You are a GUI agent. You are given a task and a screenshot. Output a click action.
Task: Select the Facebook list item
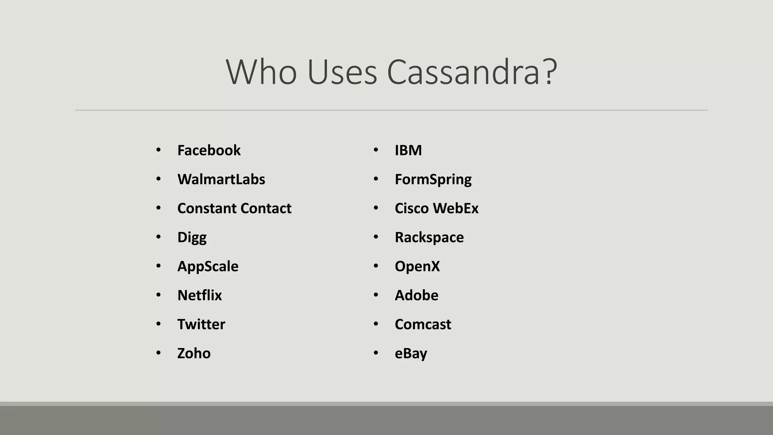coord(209,150)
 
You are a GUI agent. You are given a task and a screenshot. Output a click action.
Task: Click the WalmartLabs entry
coord(221,179)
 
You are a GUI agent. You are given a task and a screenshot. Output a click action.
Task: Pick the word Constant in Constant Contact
coord(206,208)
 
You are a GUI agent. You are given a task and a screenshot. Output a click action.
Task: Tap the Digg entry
coord(192,238)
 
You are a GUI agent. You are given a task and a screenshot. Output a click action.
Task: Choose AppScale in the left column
coord(208,267)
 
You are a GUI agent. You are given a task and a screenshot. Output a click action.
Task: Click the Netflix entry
coord(199,295)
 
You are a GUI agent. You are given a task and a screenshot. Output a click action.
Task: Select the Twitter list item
coord(201,324)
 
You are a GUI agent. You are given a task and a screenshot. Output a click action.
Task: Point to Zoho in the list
coord(194,353)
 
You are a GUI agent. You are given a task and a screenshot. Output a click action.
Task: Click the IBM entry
coord(408,150)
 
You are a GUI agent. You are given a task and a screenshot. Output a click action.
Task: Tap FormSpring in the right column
coord(433,179)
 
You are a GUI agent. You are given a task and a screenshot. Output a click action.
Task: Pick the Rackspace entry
coord(429,238)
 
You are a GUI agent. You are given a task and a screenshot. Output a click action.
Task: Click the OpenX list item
coord(417,267)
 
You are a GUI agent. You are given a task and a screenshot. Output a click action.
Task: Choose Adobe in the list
coord(416,295)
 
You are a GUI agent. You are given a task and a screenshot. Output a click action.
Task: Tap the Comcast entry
coord(423,324)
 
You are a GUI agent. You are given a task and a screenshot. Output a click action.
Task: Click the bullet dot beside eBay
coord(376,353)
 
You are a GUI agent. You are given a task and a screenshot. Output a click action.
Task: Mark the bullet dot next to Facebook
coord(158,150)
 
